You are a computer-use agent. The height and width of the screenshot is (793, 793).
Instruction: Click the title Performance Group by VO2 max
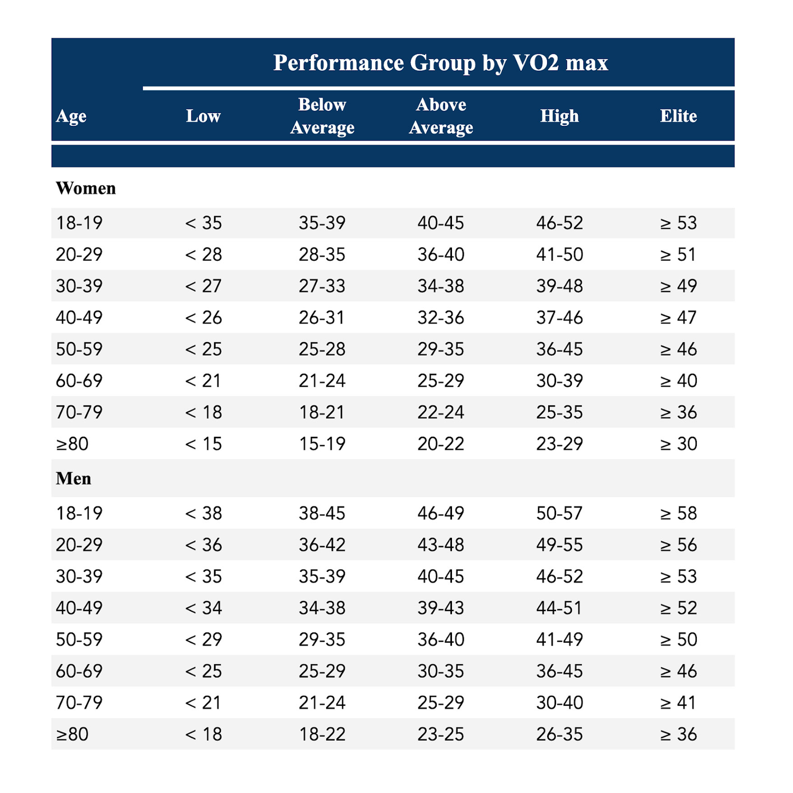440,62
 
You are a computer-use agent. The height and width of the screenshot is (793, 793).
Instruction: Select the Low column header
203,116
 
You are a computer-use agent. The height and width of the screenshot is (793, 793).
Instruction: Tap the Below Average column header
322,116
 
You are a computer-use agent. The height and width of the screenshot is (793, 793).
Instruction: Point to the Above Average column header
441,116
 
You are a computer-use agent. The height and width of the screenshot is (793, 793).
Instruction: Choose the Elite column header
678,116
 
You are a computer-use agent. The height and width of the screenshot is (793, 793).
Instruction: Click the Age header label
71,116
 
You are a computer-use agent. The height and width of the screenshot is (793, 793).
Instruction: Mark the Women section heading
86,188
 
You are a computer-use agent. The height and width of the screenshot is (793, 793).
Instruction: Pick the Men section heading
73,478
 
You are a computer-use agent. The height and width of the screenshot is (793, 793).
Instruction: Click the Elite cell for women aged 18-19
678,223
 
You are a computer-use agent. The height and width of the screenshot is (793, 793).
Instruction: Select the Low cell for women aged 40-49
203,317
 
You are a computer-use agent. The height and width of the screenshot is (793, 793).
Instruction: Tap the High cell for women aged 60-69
559,381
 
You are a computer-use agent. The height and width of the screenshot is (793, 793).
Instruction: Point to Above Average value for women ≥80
441,444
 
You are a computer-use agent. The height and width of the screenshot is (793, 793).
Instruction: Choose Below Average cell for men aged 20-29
322,545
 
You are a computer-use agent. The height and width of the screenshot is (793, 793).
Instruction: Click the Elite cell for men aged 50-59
678,639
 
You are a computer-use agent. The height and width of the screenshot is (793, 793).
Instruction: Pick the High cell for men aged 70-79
559,703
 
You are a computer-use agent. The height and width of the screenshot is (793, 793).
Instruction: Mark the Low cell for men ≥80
203,734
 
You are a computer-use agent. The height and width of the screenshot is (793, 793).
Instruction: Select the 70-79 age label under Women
79,412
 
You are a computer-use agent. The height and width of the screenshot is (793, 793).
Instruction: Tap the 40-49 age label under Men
79,607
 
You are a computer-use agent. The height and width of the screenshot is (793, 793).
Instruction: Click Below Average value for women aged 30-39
322,286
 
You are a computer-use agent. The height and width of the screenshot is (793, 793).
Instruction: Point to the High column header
559,116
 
